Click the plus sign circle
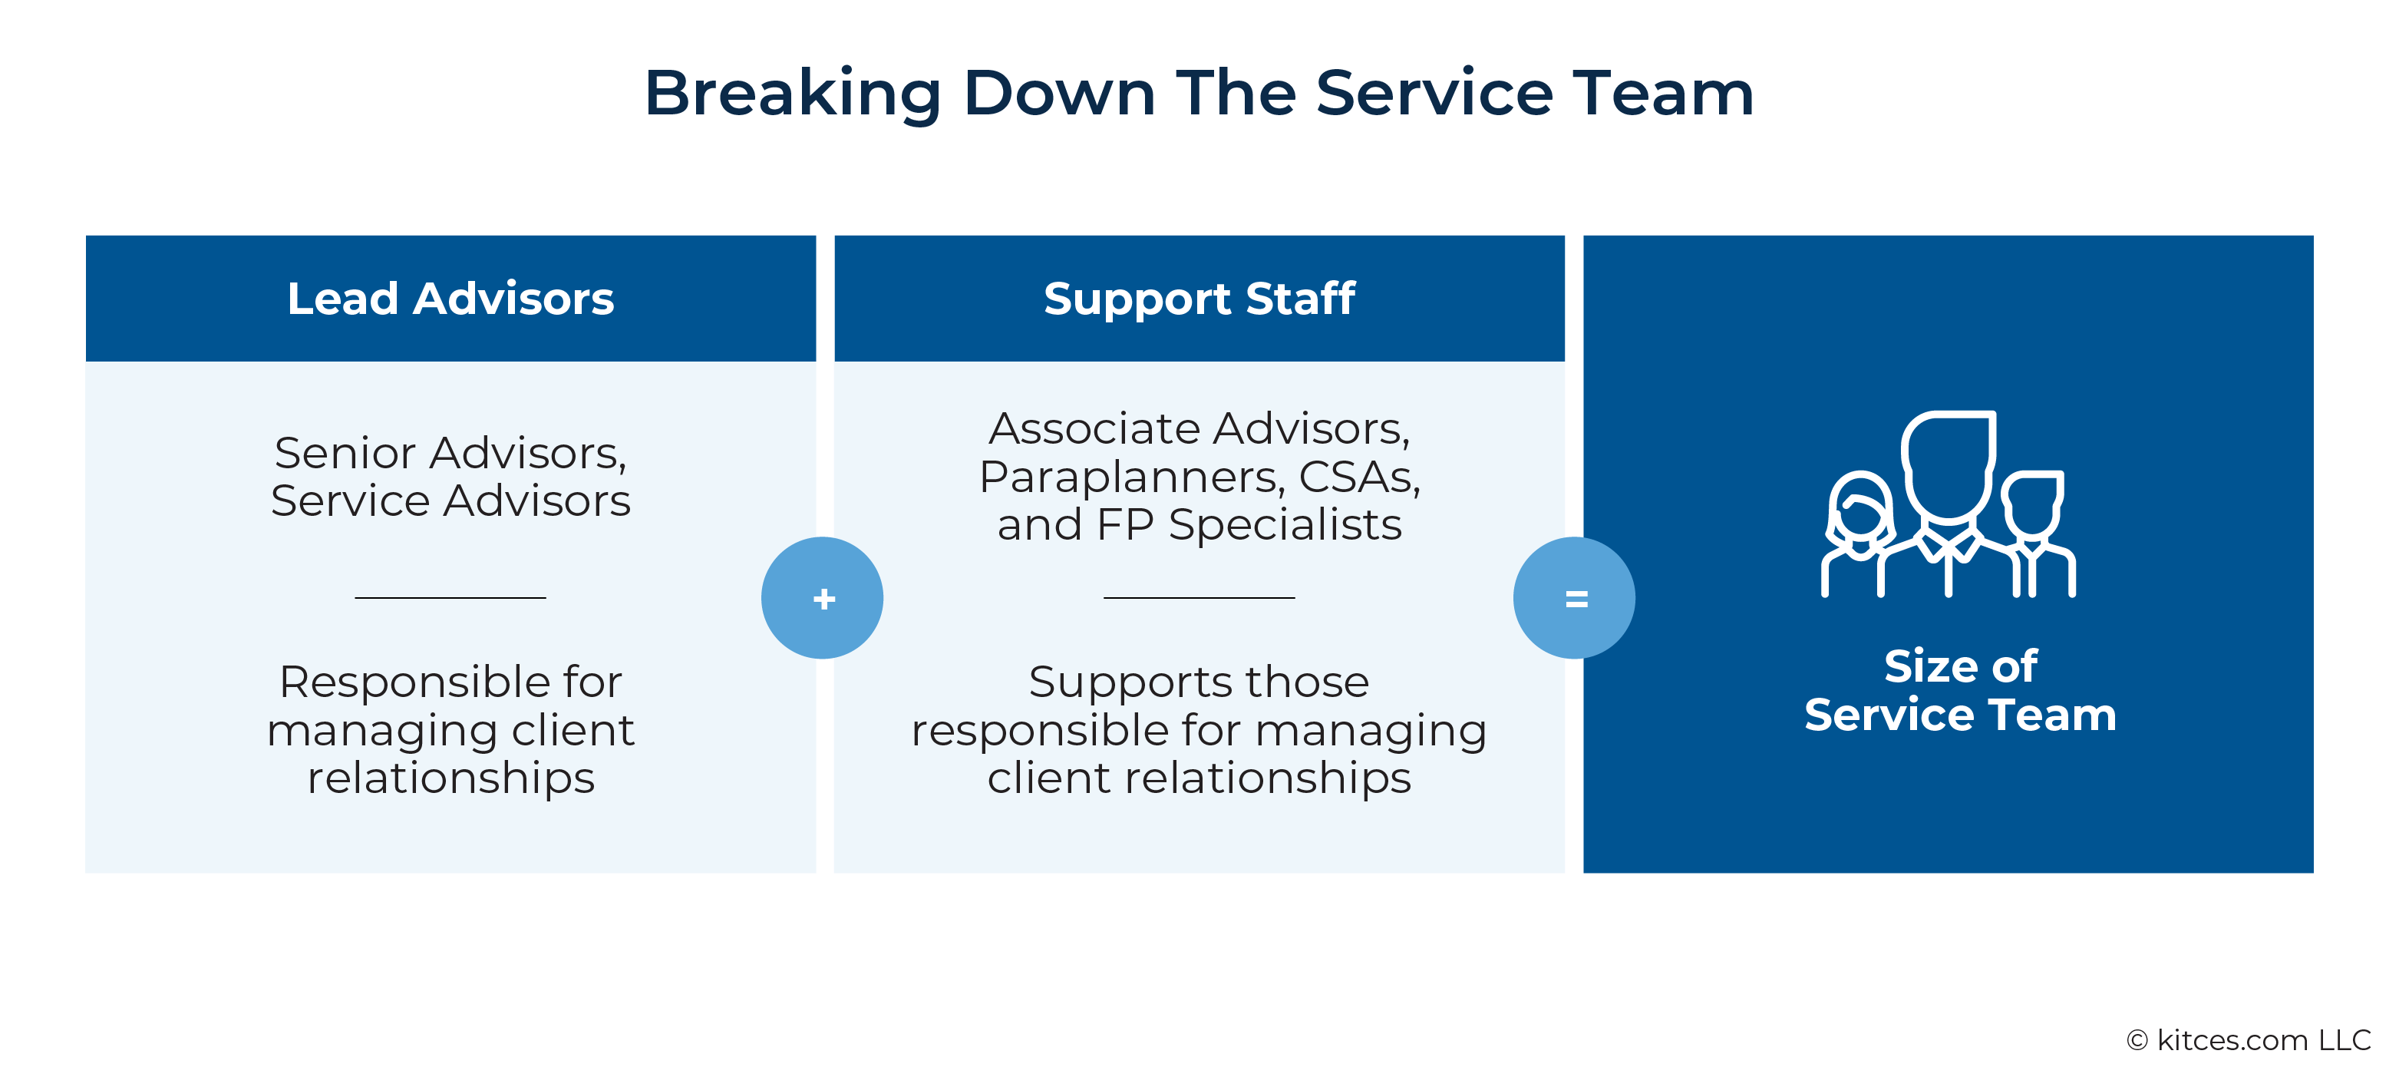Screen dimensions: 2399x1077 coord(823,598)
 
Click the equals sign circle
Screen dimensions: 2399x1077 coord(1574,598)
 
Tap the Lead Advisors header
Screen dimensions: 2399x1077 coord(450,298)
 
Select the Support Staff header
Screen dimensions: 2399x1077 coord(1199,298)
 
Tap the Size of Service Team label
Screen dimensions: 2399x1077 coord(1960,690)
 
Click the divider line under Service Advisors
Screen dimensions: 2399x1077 coord(450,597)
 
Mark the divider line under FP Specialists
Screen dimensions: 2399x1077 coord(1199,597)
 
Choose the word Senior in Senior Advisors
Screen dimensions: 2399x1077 coord(345,454)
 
